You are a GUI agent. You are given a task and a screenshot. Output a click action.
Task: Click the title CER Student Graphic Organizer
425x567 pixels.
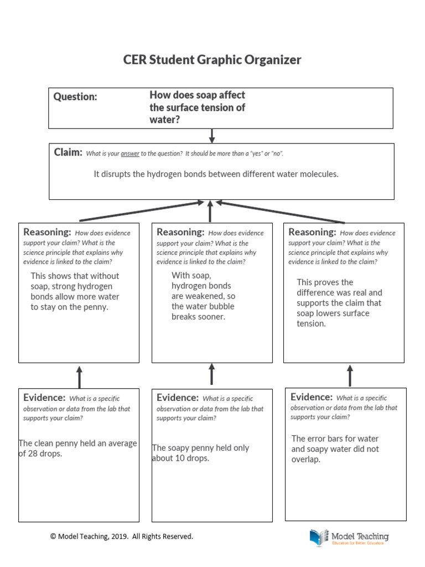pyautogui.click(x=212, y=60)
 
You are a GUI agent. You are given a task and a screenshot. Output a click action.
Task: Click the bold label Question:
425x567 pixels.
pyautogui.click(x=75, y=97)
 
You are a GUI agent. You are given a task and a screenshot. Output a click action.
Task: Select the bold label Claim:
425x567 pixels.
pyautogui.click(x=68, y=152)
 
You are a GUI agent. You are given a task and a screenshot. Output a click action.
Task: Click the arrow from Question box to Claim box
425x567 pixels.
pyautogui.click(x=212, y=136)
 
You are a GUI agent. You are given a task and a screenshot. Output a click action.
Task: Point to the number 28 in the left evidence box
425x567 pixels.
pyautogui.click(x=28, y=453)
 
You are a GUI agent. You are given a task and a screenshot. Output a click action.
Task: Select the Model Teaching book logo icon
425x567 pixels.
pyautogui.click(x=319, y=537)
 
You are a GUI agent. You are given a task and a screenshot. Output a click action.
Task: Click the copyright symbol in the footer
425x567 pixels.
pyautogui.click(x=54, y=537)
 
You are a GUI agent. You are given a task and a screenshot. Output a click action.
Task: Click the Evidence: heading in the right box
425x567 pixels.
pyautogui.click(x=312, y=397)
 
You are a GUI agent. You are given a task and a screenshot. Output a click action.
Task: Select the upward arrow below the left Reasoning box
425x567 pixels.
pyautogui.click(x=79, y=377)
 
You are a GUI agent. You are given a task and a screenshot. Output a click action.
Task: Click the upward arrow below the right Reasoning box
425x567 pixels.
pyautogui.click(x=349, y=375)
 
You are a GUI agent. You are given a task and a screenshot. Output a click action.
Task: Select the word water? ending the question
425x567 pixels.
pyautogui.click(x=164, y=119)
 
